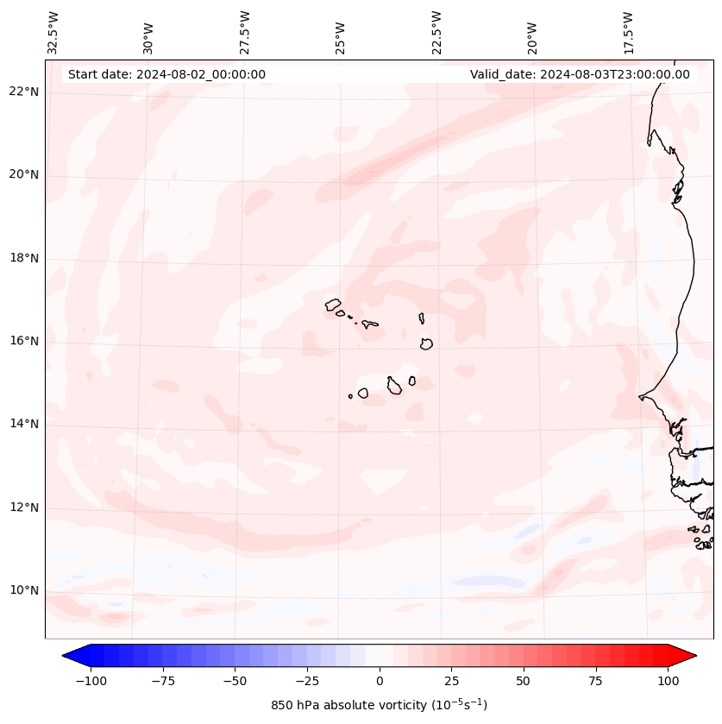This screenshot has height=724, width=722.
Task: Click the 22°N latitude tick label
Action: pos(24,92)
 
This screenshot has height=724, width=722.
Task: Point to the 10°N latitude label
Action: pos(24,590)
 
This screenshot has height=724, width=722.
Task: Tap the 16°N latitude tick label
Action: pos(24,341)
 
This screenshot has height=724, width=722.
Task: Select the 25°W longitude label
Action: pos(341,34)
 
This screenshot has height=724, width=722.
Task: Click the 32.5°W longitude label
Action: pos(53,34)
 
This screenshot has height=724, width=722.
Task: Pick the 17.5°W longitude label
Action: pos(628,34)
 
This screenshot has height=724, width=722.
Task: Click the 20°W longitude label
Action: pos(532,34)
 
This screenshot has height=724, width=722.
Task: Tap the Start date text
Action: pos(166,74)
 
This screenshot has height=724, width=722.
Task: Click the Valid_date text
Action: pos(580,74)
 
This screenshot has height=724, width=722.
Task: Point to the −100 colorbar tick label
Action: pos(91,681)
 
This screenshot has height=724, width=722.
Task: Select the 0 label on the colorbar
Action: pos(380,681)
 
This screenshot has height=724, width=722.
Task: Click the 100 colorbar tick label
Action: pos(668,681)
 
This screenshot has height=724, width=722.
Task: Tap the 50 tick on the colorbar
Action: pos(524,681)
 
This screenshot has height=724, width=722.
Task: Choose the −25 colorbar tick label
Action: pos(307,681)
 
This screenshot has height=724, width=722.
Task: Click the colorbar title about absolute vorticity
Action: pos(379,705)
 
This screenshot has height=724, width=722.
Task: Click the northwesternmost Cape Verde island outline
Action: pos(333,304)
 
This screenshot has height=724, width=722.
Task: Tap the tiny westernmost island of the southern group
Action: pos(350,396)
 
